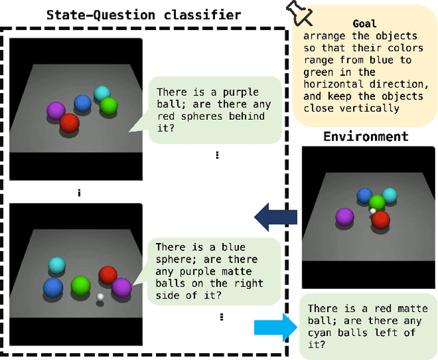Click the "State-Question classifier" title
pyautogui.click(x=143, y=14)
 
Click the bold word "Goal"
pyautogui.click(x=365, y=23)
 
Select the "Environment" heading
pyautogui.click(x=366, y=136)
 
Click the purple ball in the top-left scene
pyautogui.click(x=55, y=110)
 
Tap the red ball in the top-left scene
pyautogui.click(x=69, y=123)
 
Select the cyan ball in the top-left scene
pyautogui.click(x=102, y=93)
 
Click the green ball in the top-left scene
pyautogui.click(x=108, y=106)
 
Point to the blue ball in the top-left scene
pyautogui.click(x=83, y=103)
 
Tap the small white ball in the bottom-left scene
pyautogui.click(x=101, y=296)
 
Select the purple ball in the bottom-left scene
pyautogui.click(x=121, y=287)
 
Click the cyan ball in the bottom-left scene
pyautogui.click(x=57, y=265)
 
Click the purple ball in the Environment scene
pyautogui.click(x=345, y=218)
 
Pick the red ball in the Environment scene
pyautogui.click(x=380, y=220)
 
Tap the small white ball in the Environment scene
pyautogui.click(x=373, y=211)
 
